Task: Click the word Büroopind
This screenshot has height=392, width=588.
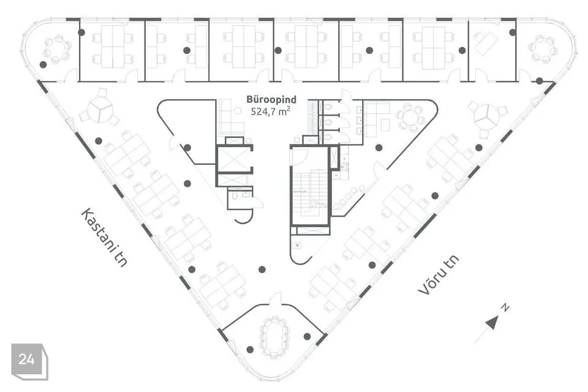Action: click(271, 99)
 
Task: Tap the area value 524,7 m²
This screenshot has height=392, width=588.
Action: click(270, 111)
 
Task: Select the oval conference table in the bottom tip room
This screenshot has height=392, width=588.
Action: click(274, 336)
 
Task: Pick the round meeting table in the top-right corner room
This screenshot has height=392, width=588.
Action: click(542, 49)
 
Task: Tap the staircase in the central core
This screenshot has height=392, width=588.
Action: click(310, 190)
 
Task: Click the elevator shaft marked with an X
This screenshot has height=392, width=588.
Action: click(234, 159)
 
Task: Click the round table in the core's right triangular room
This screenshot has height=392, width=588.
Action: click(410, 116)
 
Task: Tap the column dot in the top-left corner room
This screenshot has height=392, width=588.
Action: click(43, 64)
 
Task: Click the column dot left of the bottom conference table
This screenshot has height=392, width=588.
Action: click(250, 349)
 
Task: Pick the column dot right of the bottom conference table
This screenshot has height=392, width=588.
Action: click(307, 336)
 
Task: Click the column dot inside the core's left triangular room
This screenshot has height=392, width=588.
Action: click(187, 148)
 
